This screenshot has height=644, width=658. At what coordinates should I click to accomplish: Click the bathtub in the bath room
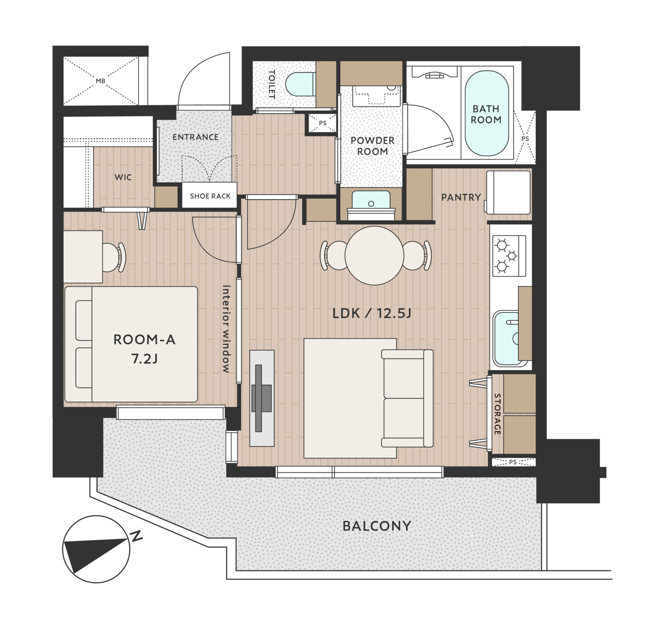click(486, 113)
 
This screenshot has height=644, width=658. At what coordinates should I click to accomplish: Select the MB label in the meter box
click(100, 81)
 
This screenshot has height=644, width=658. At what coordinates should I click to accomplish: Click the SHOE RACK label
click(210, 196)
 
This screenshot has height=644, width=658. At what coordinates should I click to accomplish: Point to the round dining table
click(374, 256)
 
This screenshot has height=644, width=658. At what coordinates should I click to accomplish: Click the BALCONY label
click(377, 526)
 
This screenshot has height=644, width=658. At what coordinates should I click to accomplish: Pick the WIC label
click(123, 177)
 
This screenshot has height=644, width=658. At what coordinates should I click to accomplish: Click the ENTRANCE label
click(195, 137)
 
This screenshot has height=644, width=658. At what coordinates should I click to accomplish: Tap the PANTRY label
click(461, 197)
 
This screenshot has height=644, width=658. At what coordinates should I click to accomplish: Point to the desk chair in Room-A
click(114, 257)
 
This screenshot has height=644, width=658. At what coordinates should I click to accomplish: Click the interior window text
click(226, 329)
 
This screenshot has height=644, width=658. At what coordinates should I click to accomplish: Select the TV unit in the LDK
click(262, 398)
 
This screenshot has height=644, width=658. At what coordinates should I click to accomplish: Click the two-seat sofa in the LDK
click(407, 398)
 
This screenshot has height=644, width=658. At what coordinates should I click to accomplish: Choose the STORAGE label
click(497, 414)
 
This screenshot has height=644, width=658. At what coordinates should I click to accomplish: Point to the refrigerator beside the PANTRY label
click(508, 193)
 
